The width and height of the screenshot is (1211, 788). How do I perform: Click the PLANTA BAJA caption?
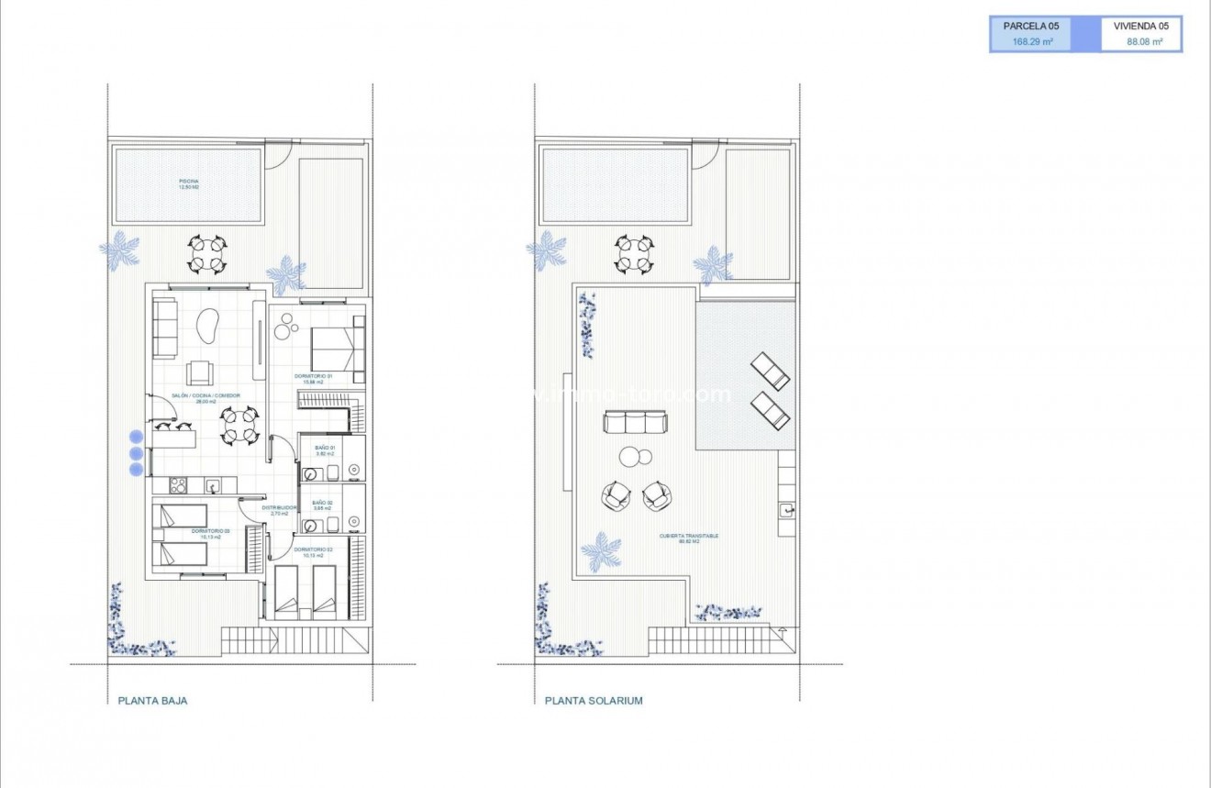pyautogui.click(x=152, y=701)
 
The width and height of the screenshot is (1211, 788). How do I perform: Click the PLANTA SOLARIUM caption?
pyautogui.click(x=594, y=701)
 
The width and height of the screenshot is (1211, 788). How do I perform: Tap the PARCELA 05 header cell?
pyautogui.click(x=1030, y=27)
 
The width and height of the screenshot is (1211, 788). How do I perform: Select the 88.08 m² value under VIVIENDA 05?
pyautogui.click(x=1144, y=42)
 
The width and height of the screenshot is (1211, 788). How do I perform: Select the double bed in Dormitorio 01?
pyautogui.click(x=338, y=350)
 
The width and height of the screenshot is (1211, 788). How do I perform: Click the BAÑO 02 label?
pyautogui.click(x=322, y=504)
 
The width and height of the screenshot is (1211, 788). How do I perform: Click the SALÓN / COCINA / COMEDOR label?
pyautogui.click(x=205, y=397)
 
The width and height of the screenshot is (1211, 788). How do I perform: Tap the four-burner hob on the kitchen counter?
pyautogui.click(x=175, y=485)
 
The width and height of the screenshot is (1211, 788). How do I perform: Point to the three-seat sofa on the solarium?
pyautogui.click(x=634, y=422)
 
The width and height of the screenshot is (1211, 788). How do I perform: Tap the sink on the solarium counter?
pyautogui.click(x=786, y=509)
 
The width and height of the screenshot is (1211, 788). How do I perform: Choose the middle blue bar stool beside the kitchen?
pyautogui.click(x=136, y=453)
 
